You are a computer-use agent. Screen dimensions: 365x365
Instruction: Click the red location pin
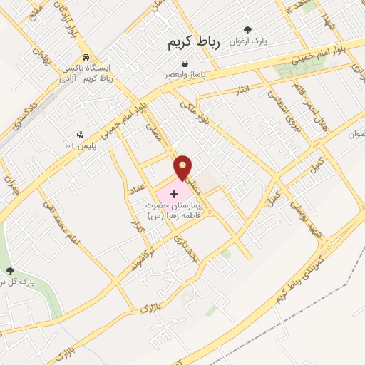(184, 167)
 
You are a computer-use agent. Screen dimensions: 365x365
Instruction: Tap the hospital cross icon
(175, 193)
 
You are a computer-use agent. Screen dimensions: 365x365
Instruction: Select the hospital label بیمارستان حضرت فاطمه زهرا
(174, 208)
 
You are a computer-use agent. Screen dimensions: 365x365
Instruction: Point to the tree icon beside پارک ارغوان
(247, 30)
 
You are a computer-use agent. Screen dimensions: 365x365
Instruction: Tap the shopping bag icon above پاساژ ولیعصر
(185, 63)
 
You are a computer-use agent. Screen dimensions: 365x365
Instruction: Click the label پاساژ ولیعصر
(185, 74)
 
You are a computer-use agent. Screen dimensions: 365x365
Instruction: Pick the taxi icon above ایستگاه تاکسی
(86, 58)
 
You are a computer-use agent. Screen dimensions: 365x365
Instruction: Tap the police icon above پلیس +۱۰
(80, 133)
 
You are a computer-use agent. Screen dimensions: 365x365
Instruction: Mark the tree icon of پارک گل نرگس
(10, 271)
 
